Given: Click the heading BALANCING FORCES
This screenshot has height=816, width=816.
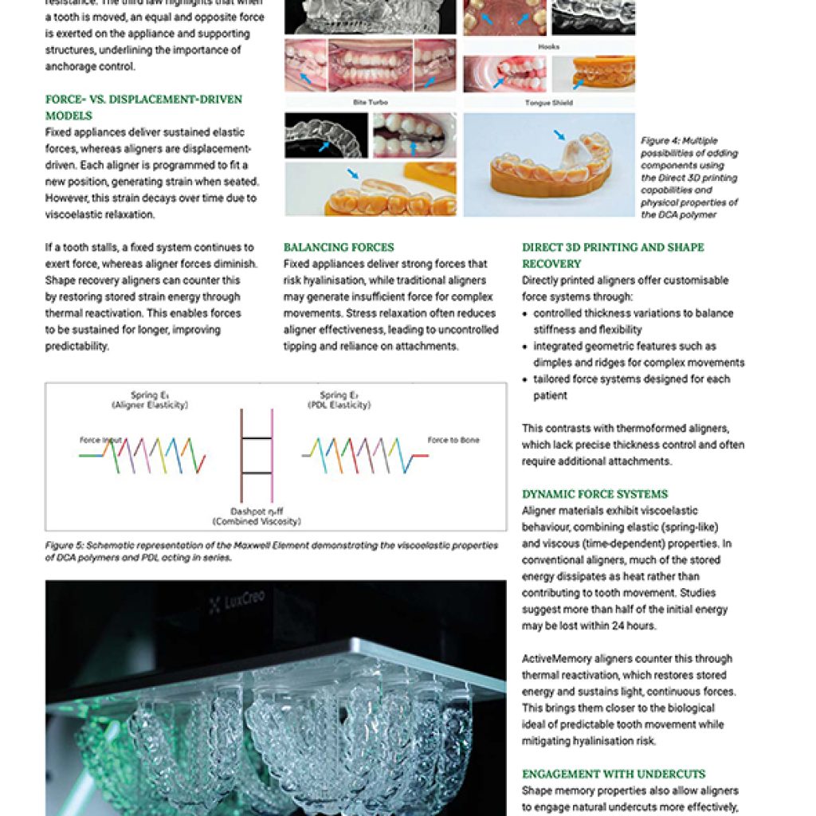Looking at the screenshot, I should (338, 247).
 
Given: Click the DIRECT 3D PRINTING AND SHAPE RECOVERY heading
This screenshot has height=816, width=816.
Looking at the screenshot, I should (613, 255).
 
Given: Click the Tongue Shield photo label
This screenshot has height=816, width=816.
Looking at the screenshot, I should (548, 102).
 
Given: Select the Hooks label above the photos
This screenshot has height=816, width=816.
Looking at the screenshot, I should (548, 47).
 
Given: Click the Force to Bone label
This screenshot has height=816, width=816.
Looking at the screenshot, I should (453, 440).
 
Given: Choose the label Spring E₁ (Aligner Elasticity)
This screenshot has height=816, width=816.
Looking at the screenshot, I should (149, 400).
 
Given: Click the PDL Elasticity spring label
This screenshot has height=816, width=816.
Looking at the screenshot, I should (338, 400).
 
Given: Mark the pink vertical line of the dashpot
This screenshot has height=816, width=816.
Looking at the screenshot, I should (272, 455).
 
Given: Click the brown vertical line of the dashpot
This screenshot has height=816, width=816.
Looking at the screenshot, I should (241, 455).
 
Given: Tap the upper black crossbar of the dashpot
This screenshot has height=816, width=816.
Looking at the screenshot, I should (257, 438).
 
